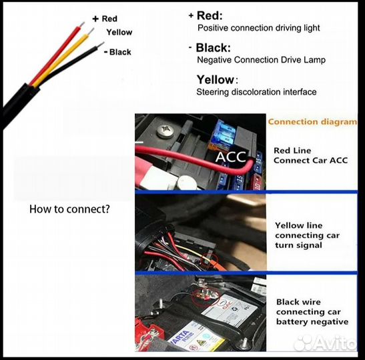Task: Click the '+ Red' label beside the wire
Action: click(105, 19)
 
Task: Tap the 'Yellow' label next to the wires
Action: click(119, 32)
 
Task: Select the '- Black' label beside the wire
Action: click(117, 52)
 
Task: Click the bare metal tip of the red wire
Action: click(81, 25)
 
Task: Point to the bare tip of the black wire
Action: click(101, 45)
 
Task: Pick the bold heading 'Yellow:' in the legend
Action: click(218, 80)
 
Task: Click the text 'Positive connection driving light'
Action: click(258, 28)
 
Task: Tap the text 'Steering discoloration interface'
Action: click(256, 92)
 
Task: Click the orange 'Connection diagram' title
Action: click(312, 122)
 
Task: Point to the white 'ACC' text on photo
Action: click(231, 157)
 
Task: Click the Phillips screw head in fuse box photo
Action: click(165, 131)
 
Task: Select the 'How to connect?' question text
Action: click(69, 209)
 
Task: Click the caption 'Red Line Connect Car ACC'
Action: click(310, 155)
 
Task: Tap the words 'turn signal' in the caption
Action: click(298, 245)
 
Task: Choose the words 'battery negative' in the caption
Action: click(312, 321)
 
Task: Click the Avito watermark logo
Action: click(325, 341)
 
